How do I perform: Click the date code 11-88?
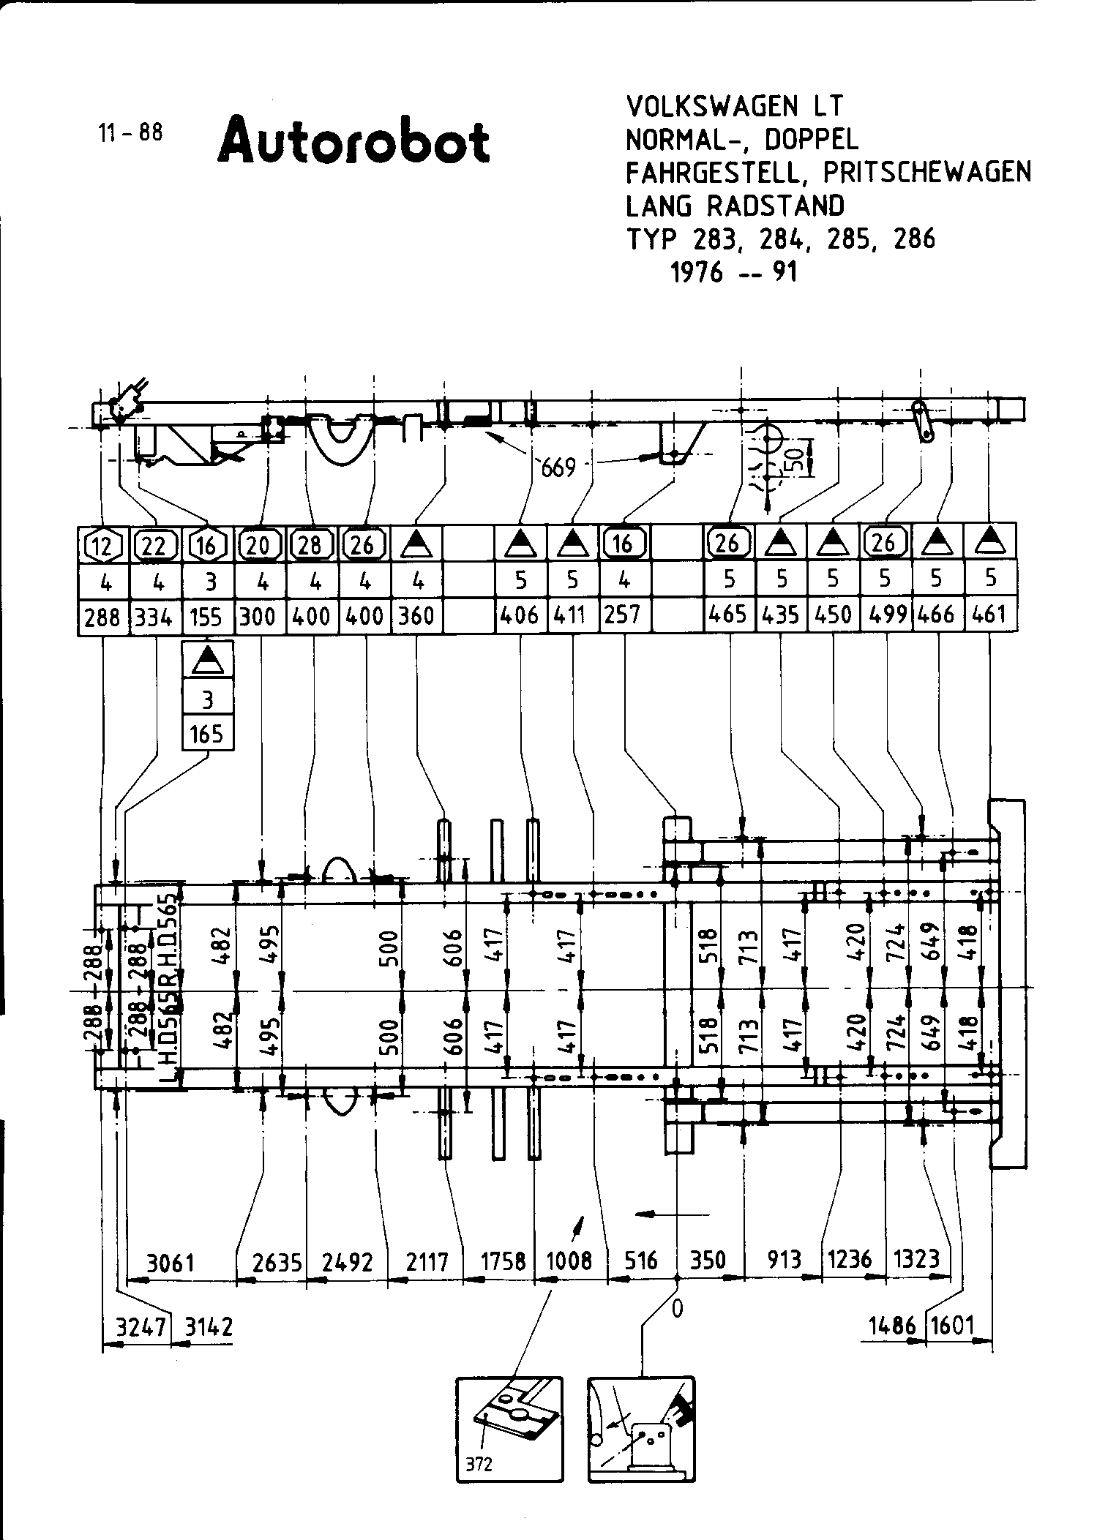[x=130, y=132]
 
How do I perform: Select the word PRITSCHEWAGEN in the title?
[x=927, y=172]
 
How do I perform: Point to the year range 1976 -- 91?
[x=733, y=272]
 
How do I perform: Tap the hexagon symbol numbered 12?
[x=102, y=545]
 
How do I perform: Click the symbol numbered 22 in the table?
[x=154, y=545]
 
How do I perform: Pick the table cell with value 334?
[x=154, y=617]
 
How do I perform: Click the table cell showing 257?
[x=624, y=615]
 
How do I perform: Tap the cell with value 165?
[x=207, y=734]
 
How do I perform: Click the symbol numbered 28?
[x=311, y=545]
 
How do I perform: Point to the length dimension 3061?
[x=170, y=1262]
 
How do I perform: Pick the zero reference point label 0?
[x=677, y=1309]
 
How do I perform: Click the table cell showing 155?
[x=206, y=617]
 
